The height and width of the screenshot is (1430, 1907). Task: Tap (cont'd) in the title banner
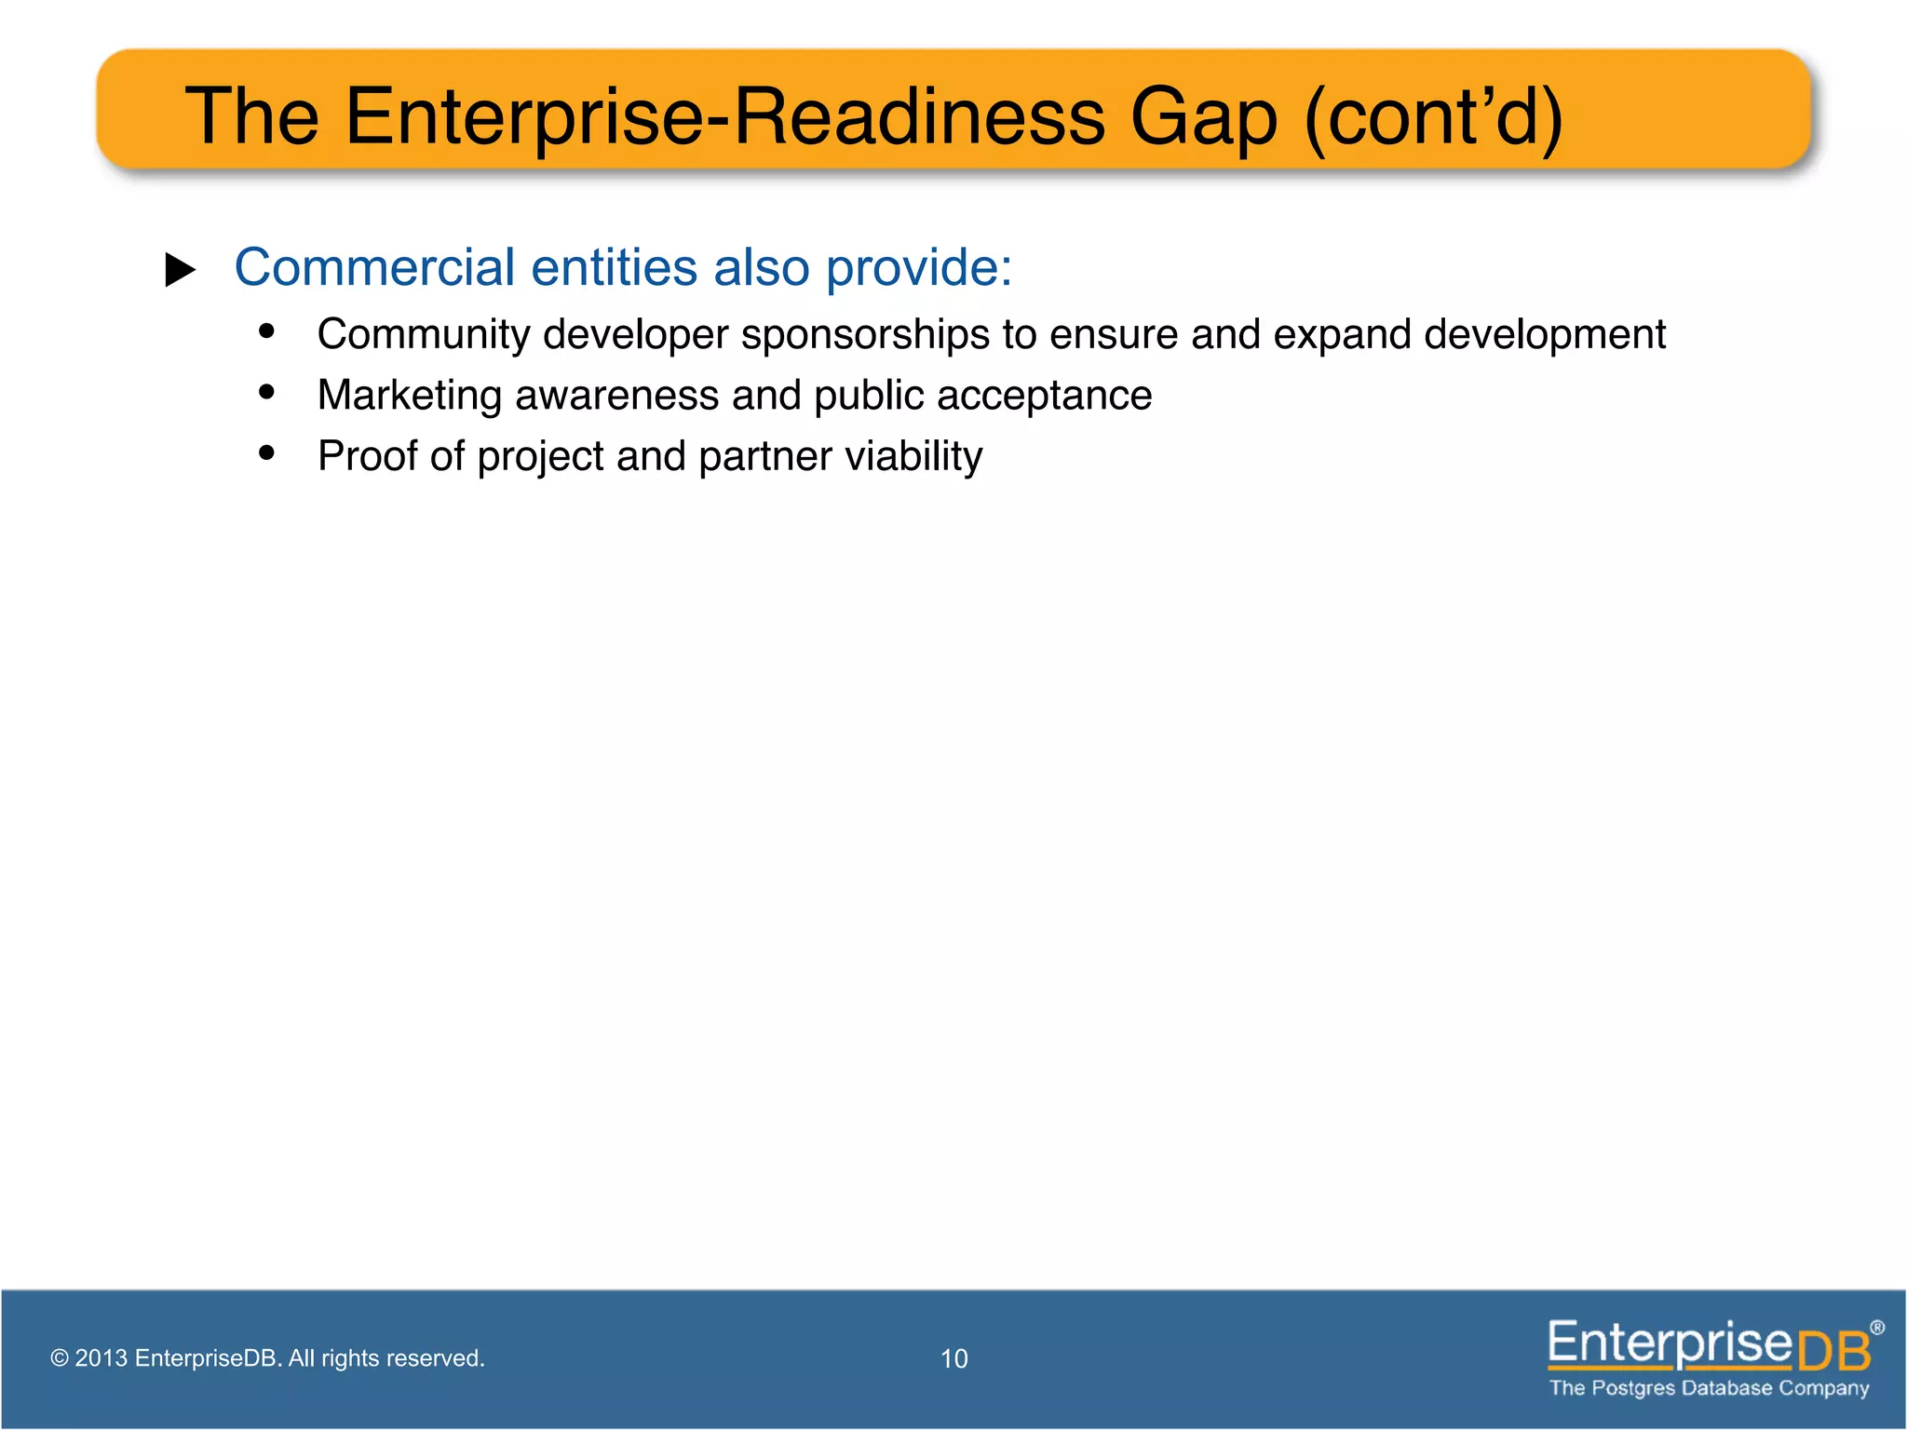point(1434,118)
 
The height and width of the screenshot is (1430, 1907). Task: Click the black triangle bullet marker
point(180,270)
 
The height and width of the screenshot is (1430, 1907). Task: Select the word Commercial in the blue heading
point(374,267)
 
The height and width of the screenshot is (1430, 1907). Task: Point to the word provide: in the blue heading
point(918,269)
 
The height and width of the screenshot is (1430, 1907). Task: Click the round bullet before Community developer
point(267,331)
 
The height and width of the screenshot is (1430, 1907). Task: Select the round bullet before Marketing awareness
point(267,392)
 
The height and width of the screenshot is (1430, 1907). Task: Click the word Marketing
point(409,396)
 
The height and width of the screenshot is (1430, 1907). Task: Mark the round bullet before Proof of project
point(267,452)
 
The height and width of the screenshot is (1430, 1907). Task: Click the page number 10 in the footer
point(953,1358)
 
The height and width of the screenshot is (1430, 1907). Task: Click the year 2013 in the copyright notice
point(101,1358)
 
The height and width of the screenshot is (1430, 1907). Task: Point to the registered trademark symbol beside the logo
point(1877,1328)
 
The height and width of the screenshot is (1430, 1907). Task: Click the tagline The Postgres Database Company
point(1709,1388)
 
